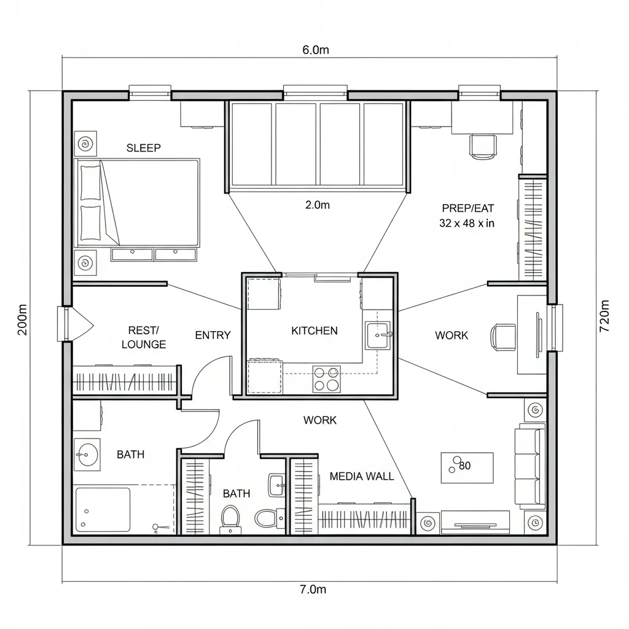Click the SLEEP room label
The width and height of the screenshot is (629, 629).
(143, 148)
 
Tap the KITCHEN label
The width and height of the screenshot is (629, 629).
(314, 330)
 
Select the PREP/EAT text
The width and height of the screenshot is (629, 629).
(467, 208)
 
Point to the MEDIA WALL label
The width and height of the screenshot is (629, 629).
(362, 476)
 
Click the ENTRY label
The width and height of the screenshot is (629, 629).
(213, 335)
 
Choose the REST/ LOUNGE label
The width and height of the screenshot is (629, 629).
(144, 337)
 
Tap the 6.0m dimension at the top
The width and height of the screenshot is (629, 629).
(315, 50)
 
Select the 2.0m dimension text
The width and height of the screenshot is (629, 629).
(317, 205)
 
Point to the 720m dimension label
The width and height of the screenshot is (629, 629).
(604, 316)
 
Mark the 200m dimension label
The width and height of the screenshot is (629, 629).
(23, 319)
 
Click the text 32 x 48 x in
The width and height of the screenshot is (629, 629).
(467, 224)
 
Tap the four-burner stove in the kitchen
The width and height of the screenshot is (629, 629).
(327, 378)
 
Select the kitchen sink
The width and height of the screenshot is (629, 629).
(378, 335)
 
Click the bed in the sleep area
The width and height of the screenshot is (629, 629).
(137, 201)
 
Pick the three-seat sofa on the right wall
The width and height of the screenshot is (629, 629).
(529, 466)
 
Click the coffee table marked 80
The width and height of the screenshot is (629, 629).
(467, 467)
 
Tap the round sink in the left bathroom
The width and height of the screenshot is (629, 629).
(86, 456)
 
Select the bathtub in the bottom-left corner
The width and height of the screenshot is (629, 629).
(103, 509)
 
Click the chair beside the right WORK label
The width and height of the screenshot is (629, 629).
(503, 337)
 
